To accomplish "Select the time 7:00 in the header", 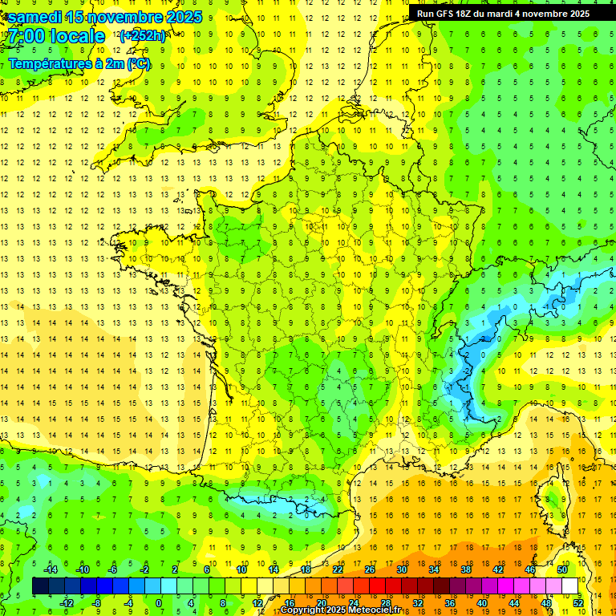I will click(26, 36).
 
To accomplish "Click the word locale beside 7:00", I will click(77, 36).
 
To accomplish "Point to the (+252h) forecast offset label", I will click(142, 35).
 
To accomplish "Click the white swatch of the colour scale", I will click(570, 586).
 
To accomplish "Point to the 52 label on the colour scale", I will click(578, 602).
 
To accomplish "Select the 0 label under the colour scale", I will click(160, 602).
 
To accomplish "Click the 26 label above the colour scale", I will click(370, 569).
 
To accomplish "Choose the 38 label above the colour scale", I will click(466, 569).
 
